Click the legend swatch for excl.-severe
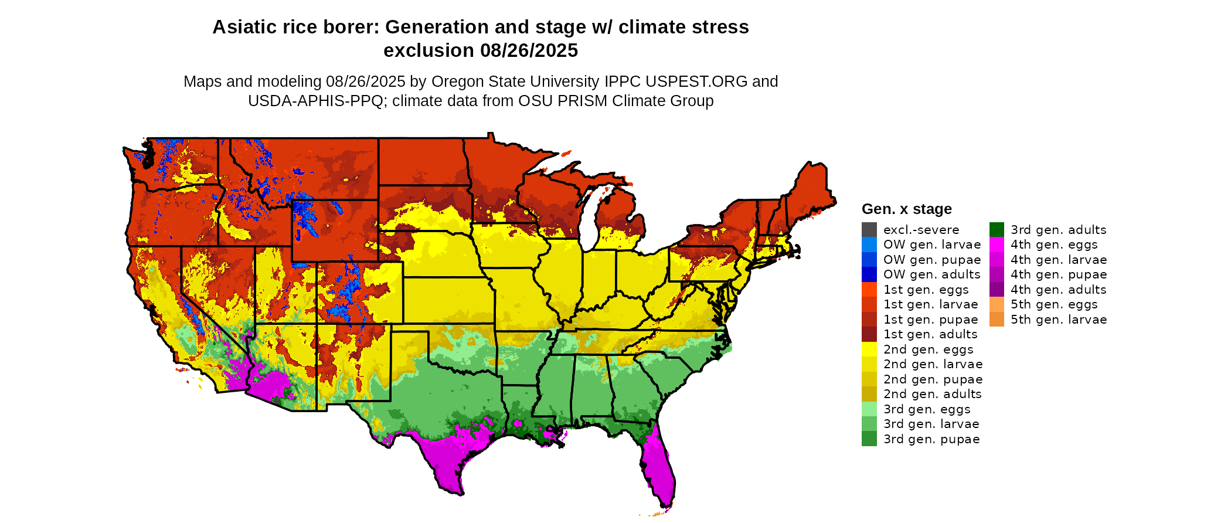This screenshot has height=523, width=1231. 869,230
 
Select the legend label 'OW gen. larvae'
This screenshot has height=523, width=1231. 932,244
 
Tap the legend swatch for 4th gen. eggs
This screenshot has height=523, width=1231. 997,244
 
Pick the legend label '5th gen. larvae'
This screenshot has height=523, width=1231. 1059,320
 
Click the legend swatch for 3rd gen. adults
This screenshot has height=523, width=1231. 997,230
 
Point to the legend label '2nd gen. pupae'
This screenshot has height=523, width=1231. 933,379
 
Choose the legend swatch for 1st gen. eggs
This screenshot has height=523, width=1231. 869,290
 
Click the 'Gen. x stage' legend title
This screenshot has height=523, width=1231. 906,209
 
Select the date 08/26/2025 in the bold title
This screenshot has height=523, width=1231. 529,50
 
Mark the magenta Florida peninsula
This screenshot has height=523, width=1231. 659,469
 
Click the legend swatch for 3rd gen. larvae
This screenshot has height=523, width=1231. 869,424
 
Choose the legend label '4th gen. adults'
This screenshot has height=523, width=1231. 1058,290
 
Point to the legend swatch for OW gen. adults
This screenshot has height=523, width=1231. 869,274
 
